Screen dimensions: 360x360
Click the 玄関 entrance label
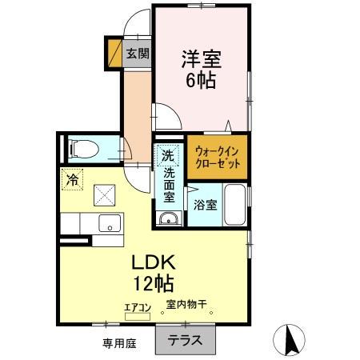point(138,54)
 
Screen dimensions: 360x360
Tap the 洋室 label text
point(202,59)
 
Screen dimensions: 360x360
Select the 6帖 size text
point(202,80)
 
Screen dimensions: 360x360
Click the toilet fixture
point(83,148)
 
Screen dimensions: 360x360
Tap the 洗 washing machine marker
point(167,155)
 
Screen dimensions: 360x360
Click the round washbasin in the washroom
point(168,221)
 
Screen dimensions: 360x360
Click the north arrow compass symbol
point(291,341)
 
